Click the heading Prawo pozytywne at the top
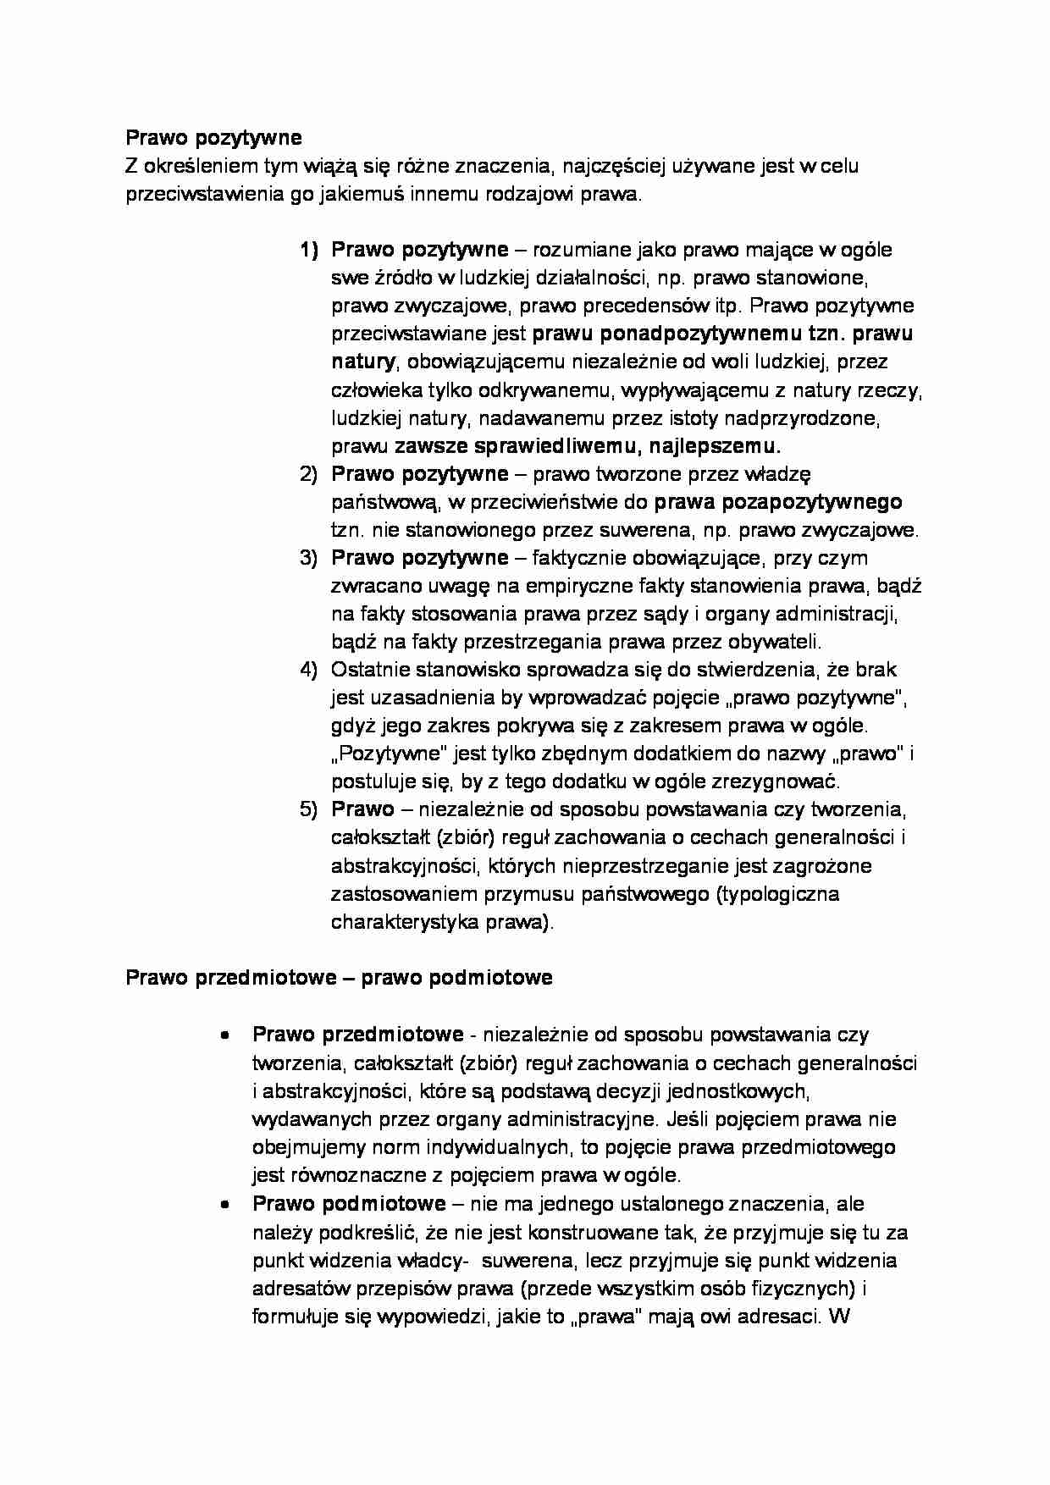point(213,137)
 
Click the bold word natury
point(362,362)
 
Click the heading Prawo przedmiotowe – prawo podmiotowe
point(339,978)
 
